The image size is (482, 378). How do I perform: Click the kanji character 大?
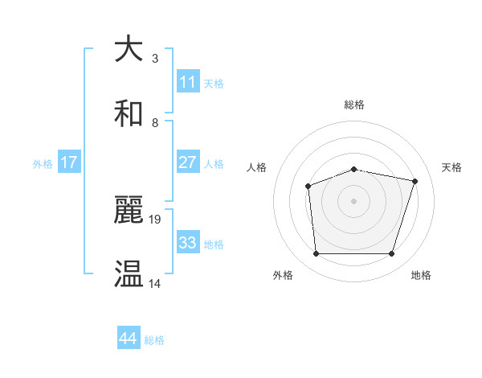(x=129, y=50)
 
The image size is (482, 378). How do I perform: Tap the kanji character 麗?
(x=129, y=211)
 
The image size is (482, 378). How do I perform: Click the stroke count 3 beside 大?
(x=155, y=58)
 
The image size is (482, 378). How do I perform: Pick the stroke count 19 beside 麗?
(x=157, y=219)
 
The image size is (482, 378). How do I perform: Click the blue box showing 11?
(x=188, y=82)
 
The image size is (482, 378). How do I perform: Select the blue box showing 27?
(x=188, y=162)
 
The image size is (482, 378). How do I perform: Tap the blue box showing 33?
(x=188, y=243)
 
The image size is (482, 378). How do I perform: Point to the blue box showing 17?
(x=69, y=162)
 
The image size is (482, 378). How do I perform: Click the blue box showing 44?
(x=129, y=339)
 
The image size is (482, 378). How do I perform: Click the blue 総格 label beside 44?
(x=154, y=340)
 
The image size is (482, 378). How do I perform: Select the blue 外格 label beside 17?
(x=43, y=164)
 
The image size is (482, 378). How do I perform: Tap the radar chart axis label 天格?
(x=451, y=167)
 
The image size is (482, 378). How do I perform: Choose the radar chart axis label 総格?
(x=354, y=105)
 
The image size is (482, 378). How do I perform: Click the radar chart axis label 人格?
(x=257, y=167)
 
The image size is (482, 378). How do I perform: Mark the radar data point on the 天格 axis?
(x=415, y=181)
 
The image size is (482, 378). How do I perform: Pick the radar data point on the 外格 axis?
(x=316, y=254)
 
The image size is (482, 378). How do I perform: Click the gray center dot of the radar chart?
(x=354, y=201)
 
